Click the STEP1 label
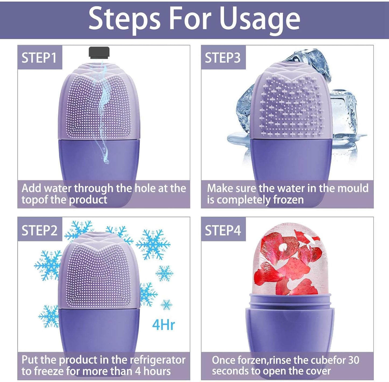(39, 58)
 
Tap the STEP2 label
(40, 231)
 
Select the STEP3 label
(223, 58)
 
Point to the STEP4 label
(223, 231)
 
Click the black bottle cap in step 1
(99, 52)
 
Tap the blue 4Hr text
(163, 325)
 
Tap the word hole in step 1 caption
(145, 188)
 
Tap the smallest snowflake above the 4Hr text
(166, 304)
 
